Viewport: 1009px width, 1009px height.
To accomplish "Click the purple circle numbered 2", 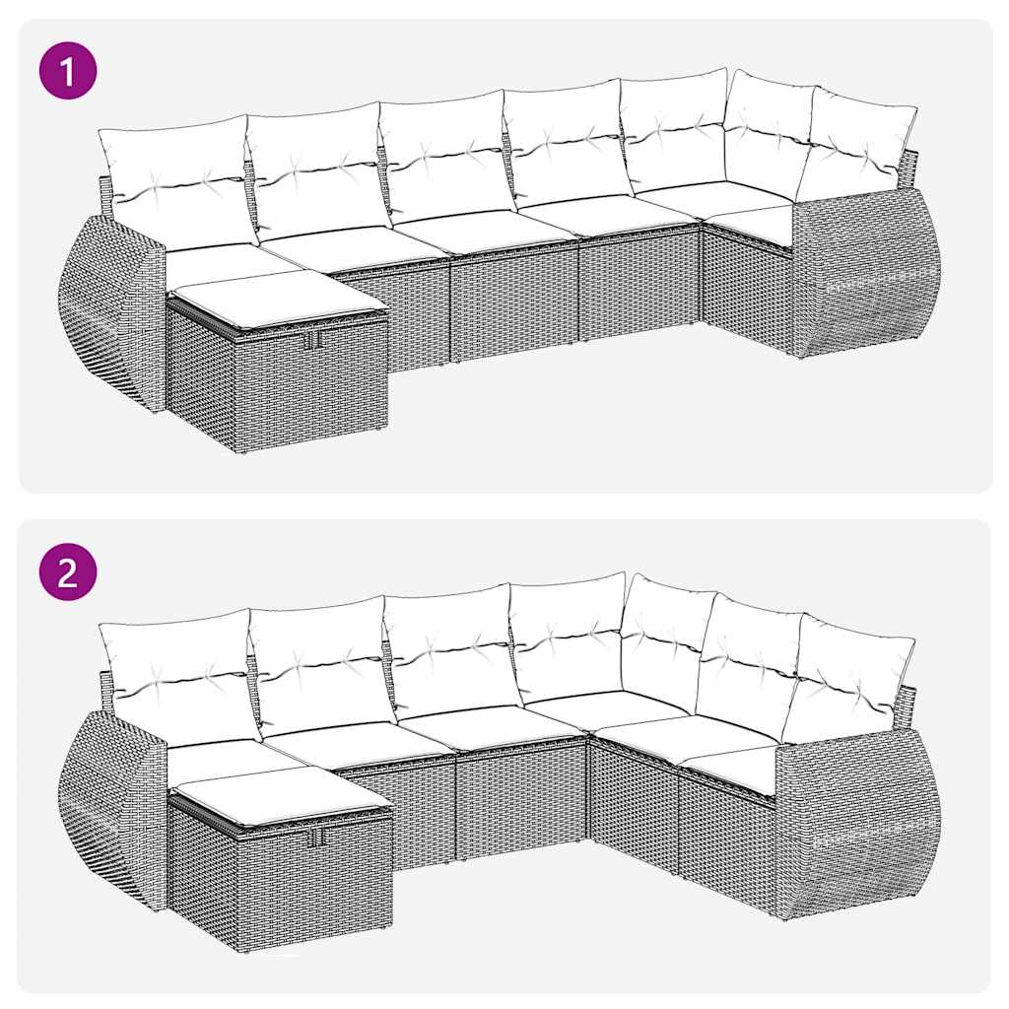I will (68, 572).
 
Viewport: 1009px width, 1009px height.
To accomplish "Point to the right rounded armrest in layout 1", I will (867, 271).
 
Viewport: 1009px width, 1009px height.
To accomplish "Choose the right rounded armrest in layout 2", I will (857, 823).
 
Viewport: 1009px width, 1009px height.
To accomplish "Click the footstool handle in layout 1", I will (313, 341).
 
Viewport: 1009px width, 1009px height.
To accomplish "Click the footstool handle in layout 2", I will (319, 839).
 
